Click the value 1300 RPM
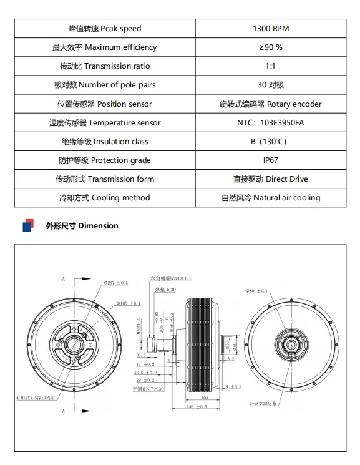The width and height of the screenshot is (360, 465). click(271, 29)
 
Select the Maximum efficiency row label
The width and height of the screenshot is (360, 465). click(104, 47)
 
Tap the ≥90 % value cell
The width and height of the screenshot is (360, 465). click(271, 47)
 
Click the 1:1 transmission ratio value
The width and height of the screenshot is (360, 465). click(271, 66)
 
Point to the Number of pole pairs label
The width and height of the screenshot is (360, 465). click(104, 85)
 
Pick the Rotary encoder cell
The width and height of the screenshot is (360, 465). click(271, 104)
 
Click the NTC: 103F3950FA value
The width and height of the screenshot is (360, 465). click(271, 123)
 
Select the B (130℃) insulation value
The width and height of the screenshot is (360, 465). click(271, 142)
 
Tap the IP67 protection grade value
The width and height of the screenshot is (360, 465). click(271, 160)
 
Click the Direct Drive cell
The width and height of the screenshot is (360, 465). click(271, 179)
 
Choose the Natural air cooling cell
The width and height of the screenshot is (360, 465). click(271, 198)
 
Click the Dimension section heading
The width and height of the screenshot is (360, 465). click(82, 225)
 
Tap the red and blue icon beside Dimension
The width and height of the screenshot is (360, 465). click(28, 225)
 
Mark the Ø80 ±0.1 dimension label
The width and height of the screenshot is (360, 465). click(256, 291)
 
